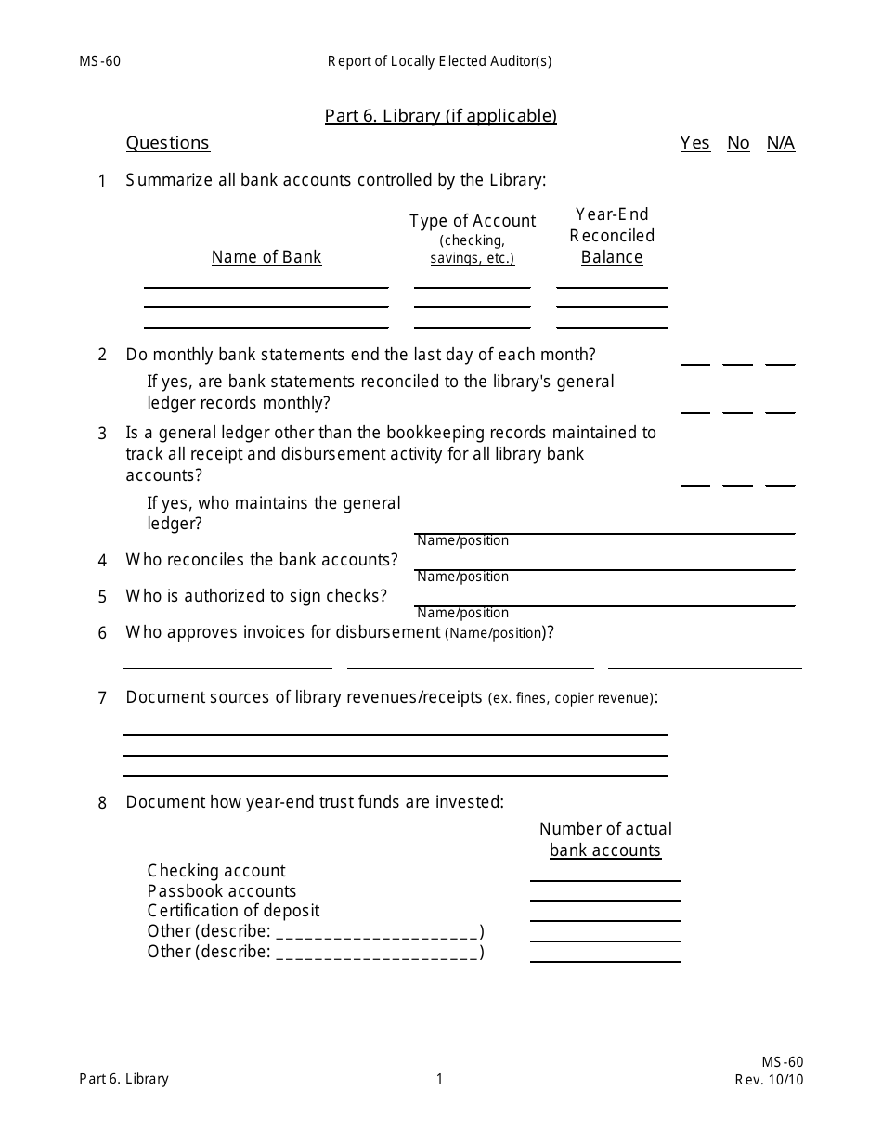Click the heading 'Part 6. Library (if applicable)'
(440, 116)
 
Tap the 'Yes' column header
(694, 143)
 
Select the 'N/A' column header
(780, 143)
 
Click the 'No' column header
(738, 143)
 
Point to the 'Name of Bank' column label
(266, 257)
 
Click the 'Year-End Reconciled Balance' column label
(612, 236)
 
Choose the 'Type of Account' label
(473, 221)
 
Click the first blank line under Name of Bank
(266, 286)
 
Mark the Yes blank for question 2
(694, 363)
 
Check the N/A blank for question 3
(780, 483)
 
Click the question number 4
(103, 561)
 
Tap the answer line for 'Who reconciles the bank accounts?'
(603, 568)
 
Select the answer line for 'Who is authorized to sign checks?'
(603, 604)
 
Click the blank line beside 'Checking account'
(604, 878)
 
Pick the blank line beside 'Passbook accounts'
(604, 899)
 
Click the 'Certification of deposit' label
(233, 911)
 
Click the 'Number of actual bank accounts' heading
(605, 839)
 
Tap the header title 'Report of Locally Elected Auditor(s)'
(439, 62)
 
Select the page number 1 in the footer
(440, 1079)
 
